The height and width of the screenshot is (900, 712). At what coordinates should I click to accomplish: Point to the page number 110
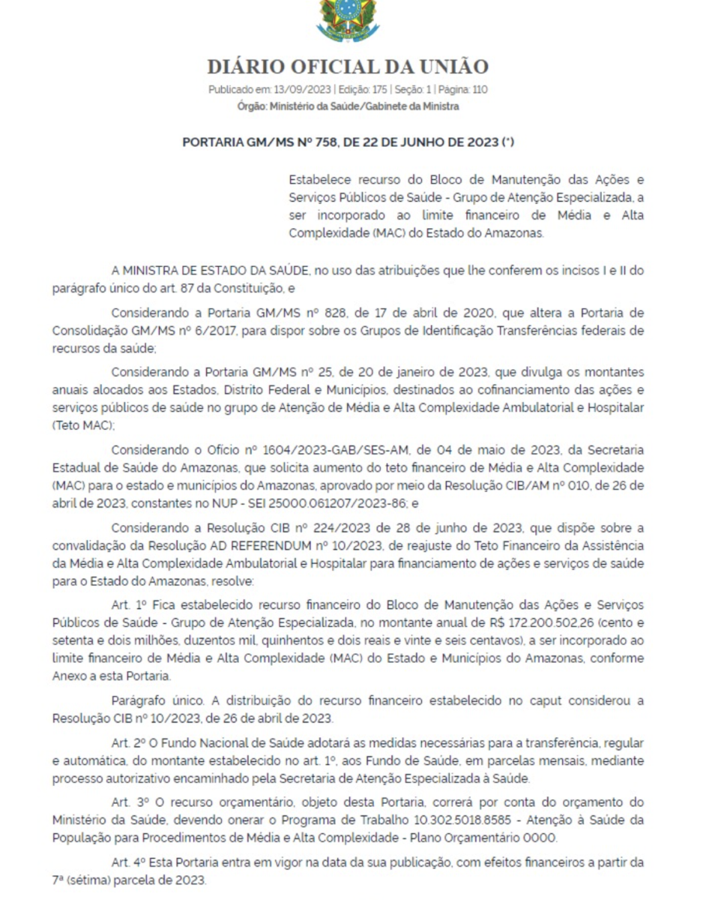480,90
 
